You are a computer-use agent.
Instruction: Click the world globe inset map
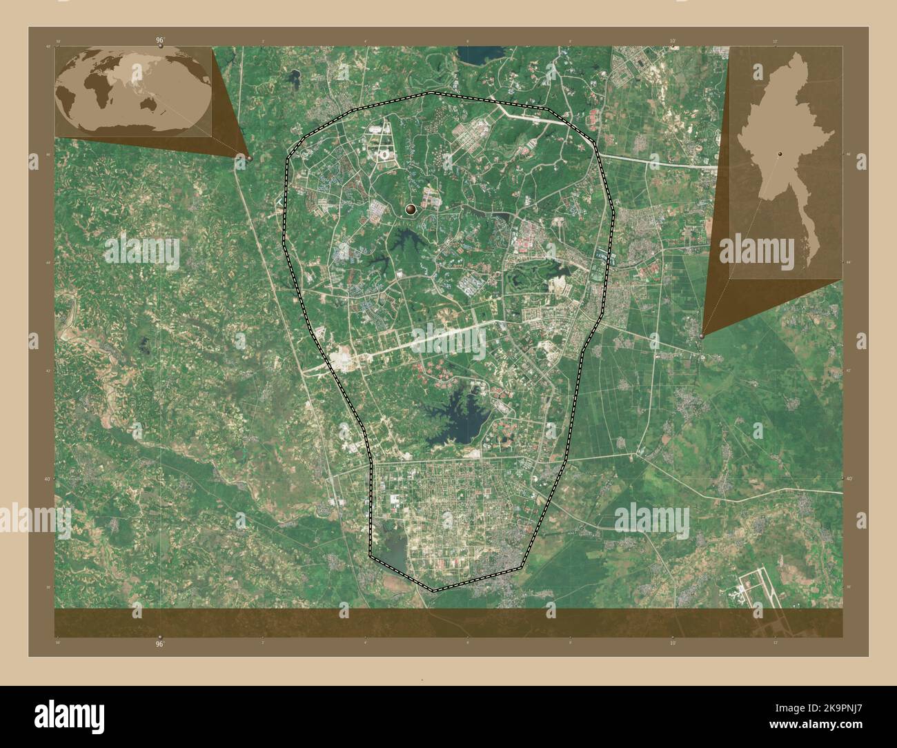click(x=133, y=92)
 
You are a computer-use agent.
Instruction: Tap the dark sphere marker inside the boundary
click(x=411, y=209)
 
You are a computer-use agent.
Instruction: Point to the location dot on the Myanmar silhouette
click(x=780, y=155)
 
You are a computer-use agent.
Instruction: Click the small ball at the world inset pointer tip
click(x=249, y=158)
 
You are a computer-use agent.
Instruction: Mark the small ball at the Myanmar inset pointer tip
click(x=702, y=335)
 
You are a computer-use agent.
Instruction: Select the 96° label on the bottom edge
click(x=160, y=642)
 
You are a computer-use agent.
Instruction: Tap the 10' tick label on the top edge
click(x=672, y=41)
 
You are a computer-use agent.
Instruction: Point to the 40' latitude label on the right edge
click(x=849, y=478)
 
